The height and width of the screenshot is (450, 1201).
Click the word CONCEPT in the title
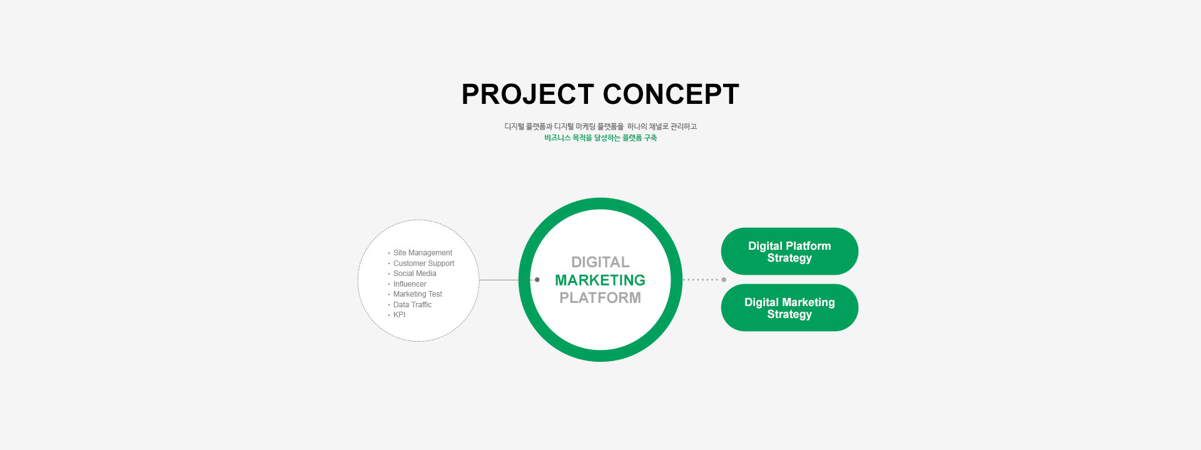[671, 95]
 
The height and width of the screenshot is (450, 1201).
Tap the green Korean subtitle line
[600, 138]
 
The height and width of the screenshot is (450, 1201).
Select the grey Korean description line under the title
[600, 126]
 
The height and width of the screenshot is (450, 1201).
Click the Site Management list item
[422, 253]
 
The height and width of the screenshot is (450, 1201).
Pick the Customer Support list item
[423, 263]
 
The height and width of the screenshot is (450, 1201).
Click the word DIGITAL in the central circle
[600, 262]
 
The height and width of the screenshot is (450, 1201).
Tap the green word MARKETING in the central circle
[600, 280]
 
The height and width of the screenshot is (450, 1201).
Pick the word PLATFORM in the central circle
[600, 298]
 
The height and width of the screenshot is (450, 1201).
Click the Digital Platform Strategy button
[789, 251]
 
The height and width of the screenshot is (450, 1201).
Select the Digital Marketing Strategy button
[789, 307]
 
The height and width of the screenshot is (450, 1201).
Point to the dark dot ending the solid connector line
[537, 280]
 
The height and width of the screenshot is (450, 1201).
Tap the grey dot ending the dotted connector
[724, 280]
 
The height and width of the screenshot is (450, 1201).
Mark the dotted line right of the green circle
[701, 280]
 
